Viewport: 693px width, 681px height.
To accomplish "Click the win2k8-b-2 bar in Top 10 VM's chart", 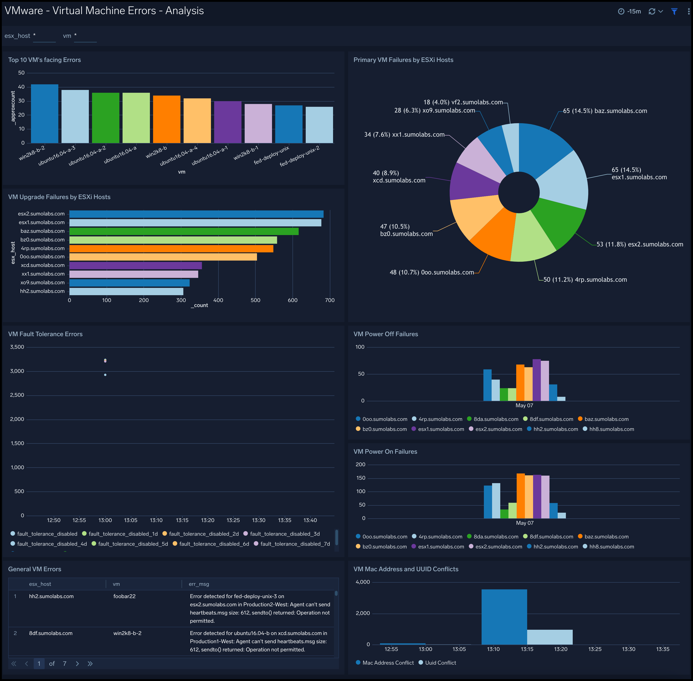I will click(44, 114).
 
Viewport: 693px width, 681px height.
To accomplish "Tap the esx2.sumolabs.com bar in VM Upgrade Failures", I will click(196, 214).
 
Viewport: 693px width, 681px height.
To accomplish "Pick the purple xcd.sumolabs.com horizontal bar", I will click(135, 265).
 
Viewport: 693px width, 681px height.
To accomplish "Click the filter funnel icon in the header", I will click(674, 11).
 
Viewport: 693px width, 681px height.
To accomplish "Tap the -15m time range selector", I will click(630, 11).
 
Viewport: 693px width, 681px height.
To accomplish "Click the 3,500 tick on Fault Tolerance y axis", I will click(17, 347).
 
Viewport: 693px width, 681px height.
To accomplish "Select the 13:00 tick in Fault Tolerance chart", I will click(105, 520).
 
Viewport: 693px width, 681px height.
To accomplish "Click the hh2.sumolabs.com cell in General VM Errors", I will click(51, 596).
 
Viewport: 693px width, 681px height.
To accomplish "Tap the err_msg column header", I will click(199, 584).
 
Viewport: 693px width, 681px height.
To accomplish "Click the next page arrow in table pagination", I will click(77, 663).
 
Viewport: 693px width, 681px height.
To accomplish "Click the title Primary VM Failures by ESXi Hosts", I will click(403, 60).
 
